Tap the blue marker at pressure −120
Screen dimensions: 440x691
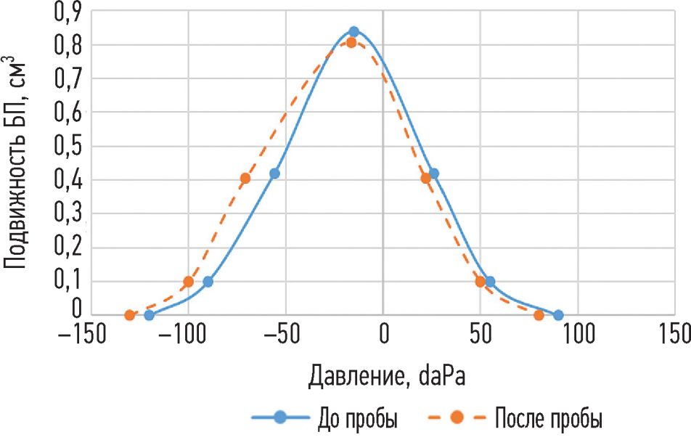tap(150, 315)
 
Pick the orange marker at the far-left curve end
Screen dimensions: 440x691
tap(130, 315)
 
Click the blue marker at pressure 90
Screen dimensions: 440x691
tap(558, 315)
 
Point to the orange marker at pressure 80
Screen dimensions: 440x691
tap(539, 315)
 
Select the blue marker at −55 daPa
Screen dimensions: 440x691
tap(274, 174)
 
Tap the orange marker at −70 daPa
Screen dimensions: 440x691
tap(245, 178)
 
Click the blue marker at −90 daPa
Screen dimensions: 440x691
tap(208, 282)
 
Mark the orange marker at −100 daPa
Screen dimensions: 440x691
tap(189, 282)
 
